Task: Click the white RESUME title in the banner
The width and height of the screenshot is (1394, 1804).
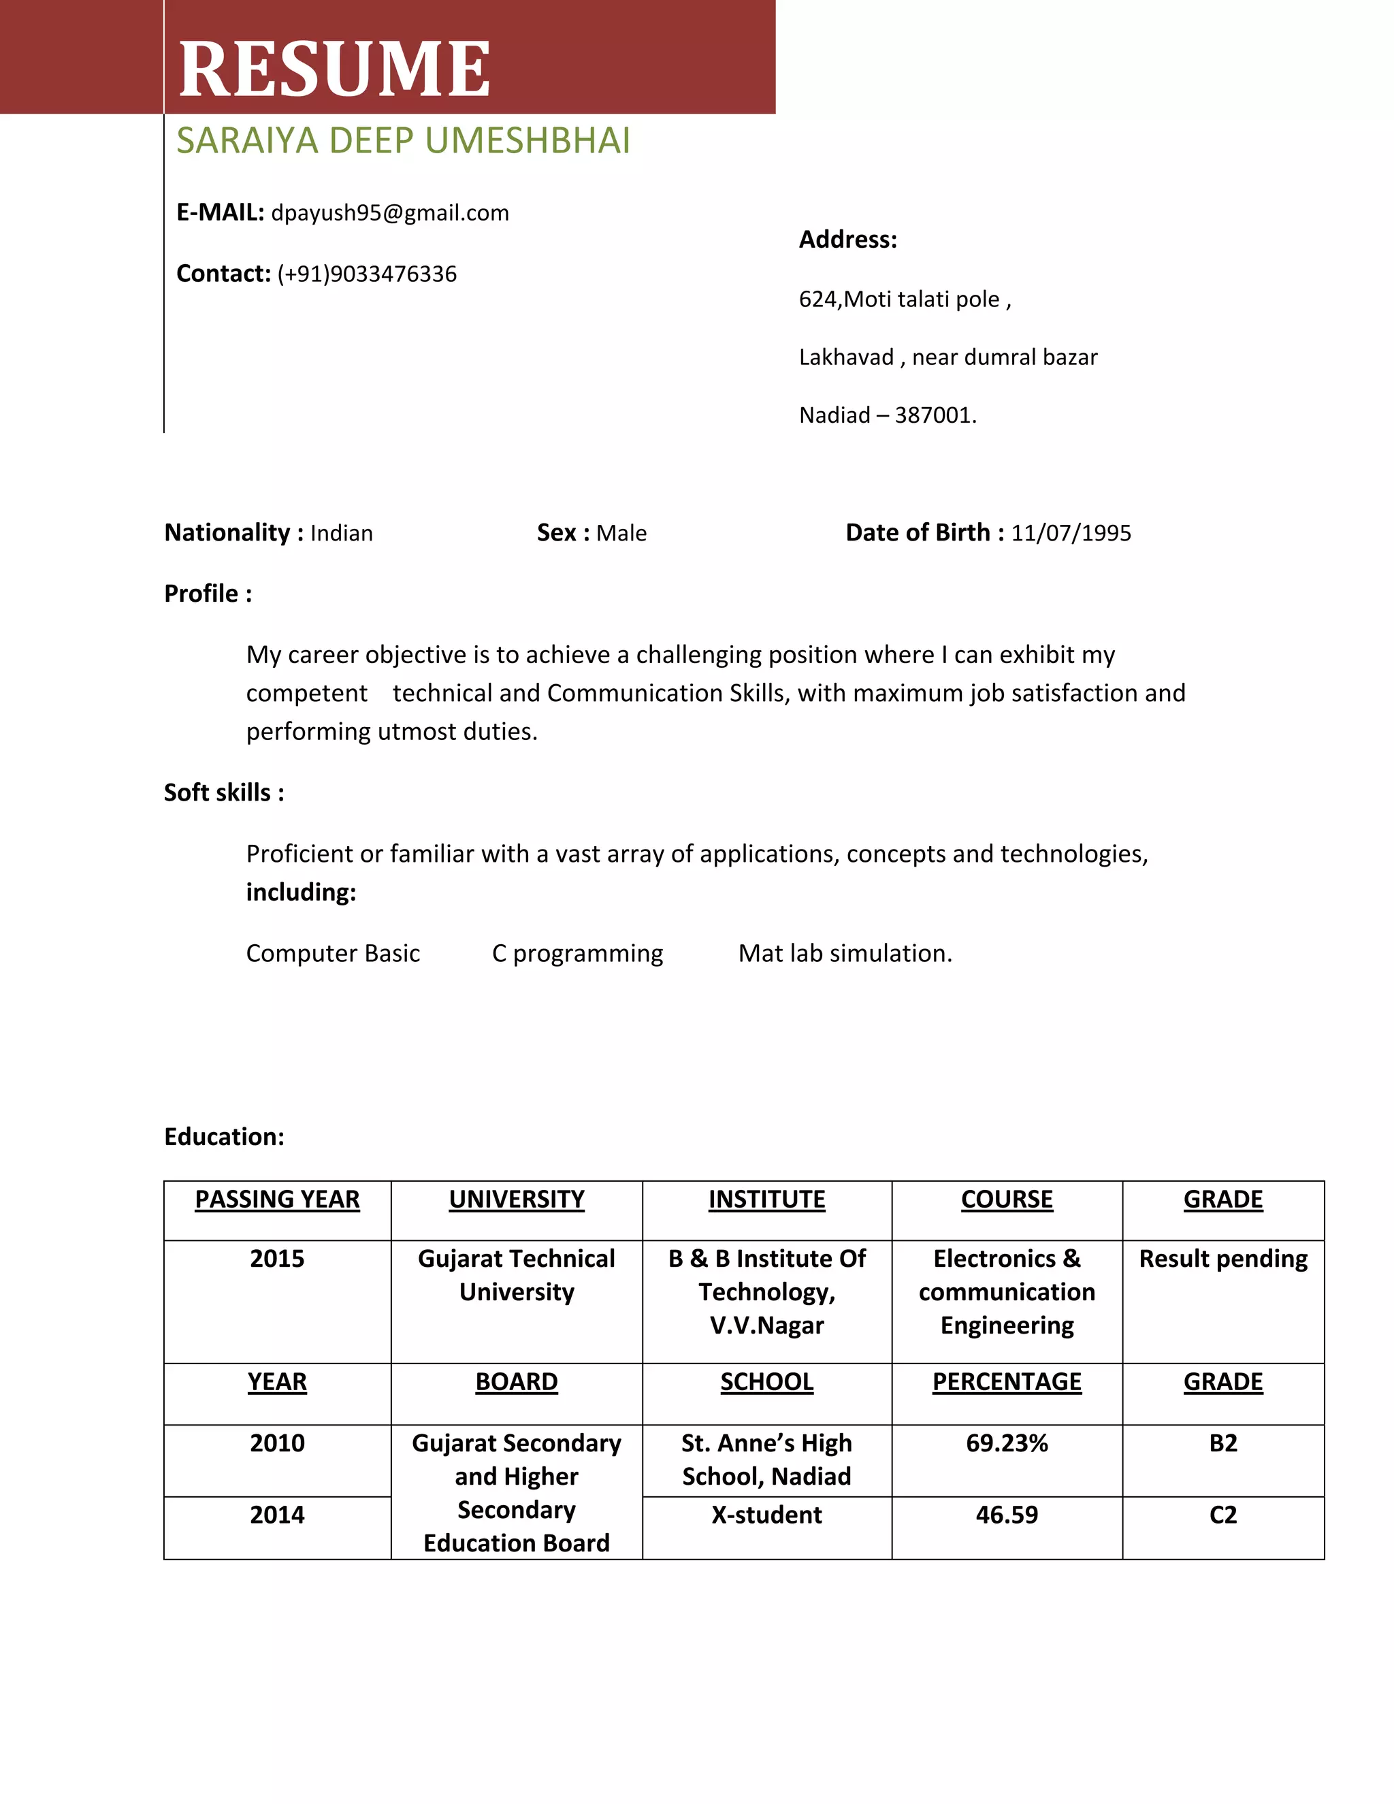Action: coord(334,69)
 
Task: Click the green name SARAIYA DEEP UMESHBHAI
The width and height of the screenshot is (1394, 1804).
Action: coord(403,141)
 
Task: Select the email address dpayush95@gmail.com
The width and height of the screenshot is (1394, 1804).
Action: coord(390,213)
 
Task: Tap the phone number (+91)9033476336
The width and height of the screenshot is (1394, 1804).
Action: coord(367,274)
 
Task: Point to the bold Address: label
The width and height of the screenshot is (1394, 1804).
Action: coord(847,240)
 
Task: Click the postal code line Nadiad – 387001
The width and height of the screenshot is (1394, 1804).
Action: coord(887,415)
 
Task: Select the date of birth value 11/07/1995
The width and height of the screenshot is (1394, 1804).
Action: coord(1070,534)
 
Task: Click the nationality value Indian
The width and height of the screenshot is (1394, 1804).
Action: coord(341,534)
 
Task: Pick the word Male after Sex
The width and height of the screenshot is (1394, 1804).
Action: coord(621,534)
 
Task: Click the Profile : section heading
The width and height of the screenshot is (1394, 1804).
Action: coord(208,594)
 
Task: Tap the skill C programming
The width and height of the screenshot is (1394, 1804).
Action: coord(577,954)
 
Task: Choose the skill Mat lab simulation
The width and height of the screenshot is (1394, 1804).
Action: coord(845,954)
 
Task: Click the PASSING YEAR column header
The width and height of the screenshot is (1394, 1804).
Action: coord(278,1199)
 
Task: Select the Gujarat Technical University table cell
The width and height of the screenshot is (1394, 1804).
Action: coord(516,1275)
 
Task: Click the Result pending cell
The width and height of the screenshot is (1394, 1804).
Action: coord(1223,1259)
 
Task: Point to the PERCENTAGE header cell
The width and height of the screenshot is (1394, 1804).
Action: coord(1007,1382)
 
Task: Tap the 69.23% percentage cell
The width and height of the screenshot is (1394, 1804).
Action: coord(1007,1443)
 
